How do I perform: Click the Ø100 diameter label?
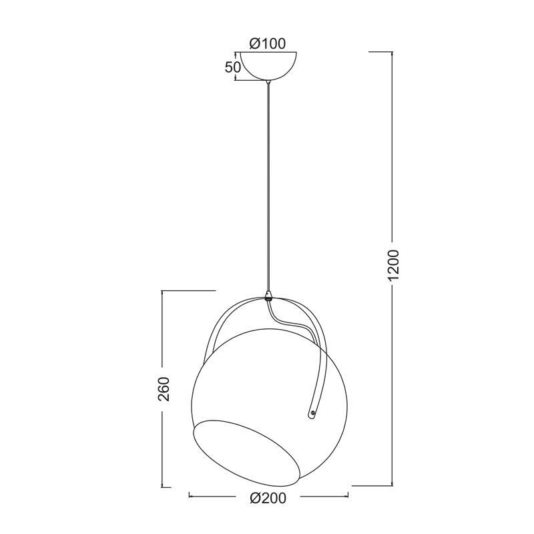pos(268,43)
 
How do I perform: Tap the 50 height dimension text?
pos(232,67)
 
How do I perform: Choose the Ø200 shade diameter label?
pos(268,498)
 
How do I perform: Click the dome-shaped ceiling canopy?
pos(269,66)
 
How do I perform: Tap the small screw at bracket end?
pos(312,413)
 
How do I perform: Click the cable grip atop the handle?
pos(269,296)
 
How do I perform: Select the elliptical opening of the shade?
pos(246,453)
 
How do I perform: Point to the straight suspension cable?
pos(269,187)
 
